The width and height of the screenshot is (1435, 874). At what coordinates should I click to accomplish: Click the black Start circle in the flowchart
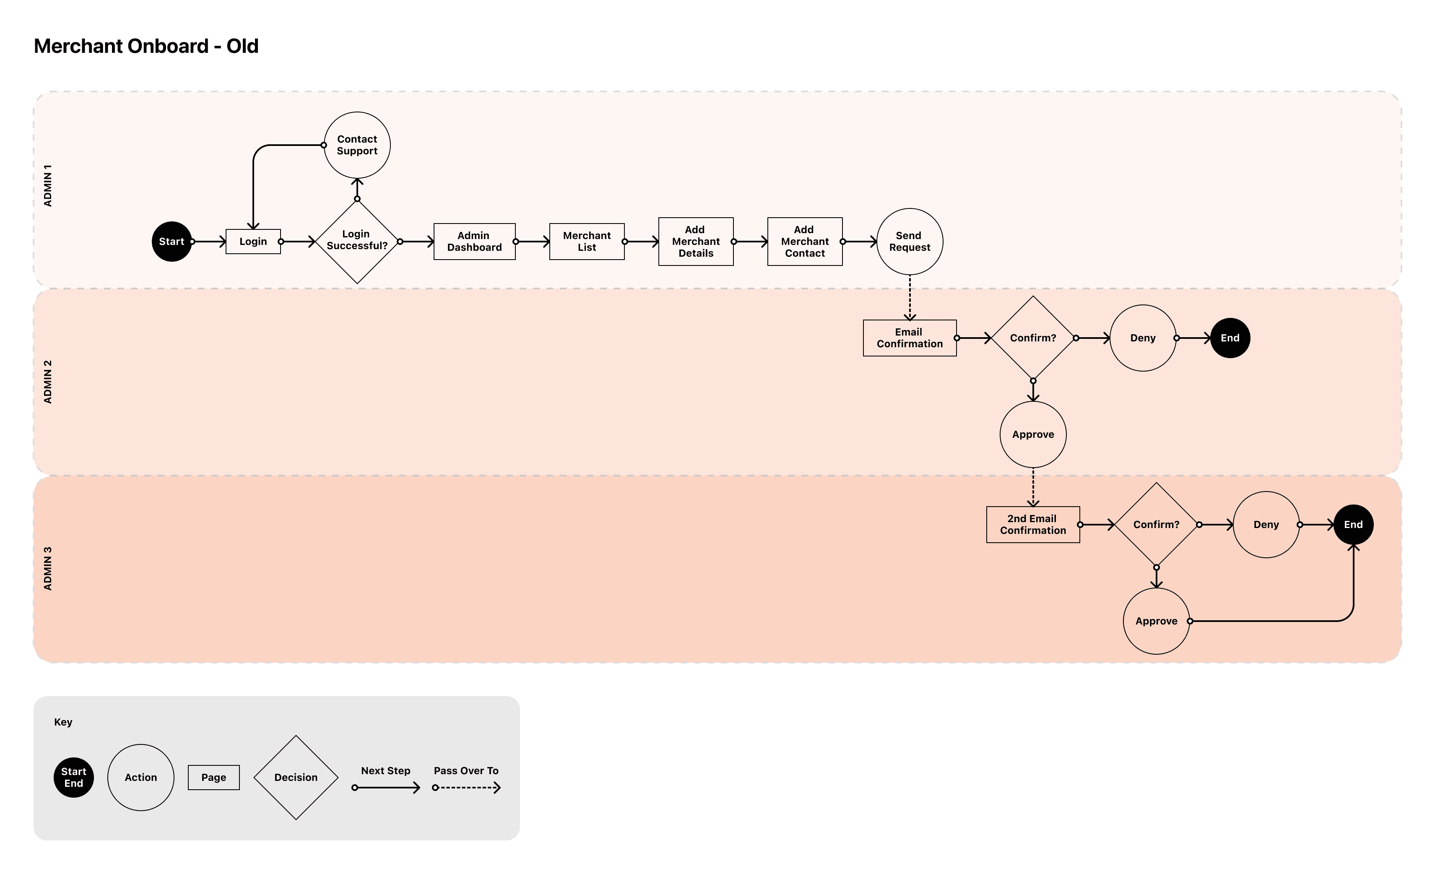(x=171, y=242)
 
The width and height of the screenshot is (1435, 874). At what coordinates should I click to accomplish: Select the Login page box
(x=253, y=242)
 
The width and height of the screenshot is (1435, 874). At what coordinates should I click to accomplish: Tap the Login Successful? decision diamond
(x=357, y=241)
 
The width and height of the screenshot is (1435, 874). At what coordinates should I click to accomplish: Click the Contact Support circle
(x=357, y=145)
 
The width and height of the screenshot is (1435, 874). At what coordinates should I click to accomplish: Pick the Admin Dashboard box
(x=474, y=242)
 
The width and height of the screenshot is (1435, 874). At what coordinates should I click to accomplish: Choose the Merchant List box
(x=587, y=242)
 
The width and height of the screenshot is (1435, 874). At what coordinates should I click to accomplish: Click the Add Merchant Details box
(x=695, y=242)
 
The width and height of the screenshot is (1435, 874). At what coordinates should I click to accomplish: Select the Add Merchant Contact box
(x=804, y=242)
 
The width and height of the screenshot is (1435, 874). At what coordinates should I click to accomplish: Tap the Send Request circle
(x=909, y=242)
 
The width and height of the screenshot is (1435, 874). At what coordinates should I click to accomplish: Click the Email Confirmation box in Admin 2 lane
(x=909, y=338)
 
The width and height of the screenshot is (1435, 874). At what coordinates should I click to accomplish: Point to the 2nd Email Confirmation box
(x=1032, y=525)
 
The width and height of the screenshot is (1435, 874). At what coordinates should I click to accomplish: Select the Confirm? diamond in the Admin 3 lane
(x=1156, y=525)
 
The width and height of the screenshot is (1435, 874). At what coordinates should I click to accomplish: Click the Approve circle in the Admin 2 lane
(x=1032, y=434)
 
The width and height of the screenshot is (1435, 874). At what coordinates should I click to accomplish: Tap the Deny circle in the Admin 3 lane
(x=1266, y=525)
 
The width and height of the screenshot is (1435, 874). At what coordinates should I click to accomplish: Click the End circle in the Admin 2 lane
(x=1230, y=338)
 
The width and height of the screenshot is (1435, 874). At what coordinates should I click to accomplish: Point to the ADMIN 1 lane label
(x=48, y=185)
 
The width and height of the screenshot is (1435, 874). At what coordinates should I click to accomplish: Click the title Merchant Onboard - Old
(x=146, y=46)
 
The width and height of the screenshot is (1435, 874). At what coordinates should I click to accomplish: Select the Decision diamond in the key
(x=296, y=778)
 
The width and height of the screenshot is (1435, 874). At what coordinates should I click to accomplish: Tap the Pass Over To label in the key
(x=466, y=770)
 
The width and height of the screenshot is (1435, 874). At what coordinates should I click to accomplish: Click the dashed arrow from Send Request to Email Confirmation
(x=910, y=297)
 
